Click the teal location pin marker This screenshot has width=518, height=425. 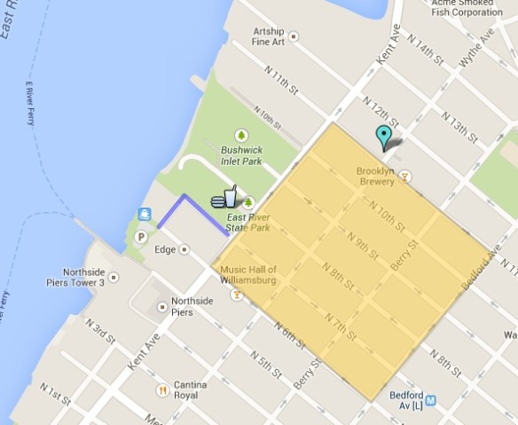[x=383, y=137]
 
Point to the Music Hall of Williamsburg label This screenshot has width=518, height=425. [x=248, y=275]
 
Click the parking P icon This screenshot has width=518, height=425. [x=141, y=237]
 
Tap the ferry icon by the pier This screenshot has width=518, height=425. [x=144, y=214]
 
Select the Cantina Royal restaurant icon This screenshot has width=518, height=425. [x=162, y=390]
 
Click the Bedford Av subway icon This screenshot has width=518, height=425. [x=430, y=400]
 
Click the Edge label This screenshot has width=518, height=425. [x=165, y=250]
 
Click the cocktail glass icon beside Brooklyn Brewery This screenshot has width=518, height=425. [x=406, y=178]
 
